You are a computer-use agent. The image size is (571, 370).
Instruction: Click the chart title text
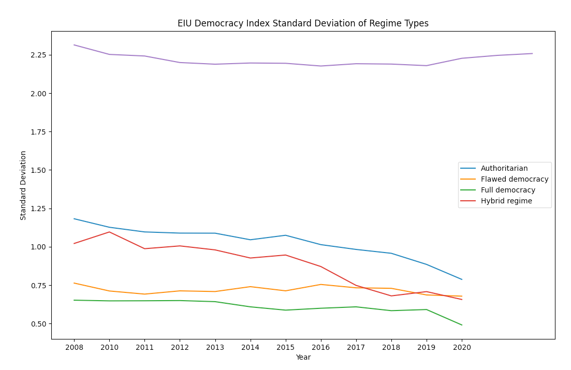(303, 23)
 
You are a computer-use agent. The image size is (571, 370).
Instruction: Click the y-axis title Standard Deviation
(23, 185)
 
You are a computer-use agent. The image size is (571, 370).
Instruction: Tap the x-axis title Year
(303, 358)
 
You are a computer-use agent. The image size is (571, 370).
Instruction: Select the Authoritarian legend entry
(504, 168)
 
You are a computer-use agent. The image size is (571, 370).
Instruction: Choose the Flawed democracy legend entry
(514, 179)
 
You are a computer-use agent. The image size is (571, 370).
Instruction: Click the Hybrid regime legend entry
(506, 201)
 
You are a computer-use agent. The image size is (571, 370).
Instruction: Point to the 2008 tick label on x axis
(74, 348)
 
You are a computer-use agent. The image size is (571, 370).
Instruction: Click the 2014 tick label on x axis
(250, 348)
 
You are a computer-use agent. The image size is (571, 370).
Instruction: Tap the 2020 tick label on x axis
(462, 348)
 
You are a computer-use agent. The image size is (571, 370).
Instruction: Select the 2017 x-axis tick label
(356, 348)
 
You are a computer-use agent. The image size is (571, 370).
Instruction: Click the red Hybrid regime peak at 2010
(109, 232)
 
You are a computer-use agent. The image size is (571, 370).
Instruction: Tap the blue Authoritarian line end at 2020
(462, 279)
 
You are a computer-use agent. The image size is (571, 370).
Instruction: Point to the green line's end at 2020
(462, 325)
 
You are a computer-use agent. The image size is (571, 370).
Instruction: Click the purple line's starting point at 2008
(74, 45)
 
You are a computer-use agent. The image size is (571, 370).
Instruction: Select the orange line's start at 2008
(74, 283)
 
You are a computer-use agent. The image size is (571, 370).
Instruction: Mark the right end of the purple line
(532, 53)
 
